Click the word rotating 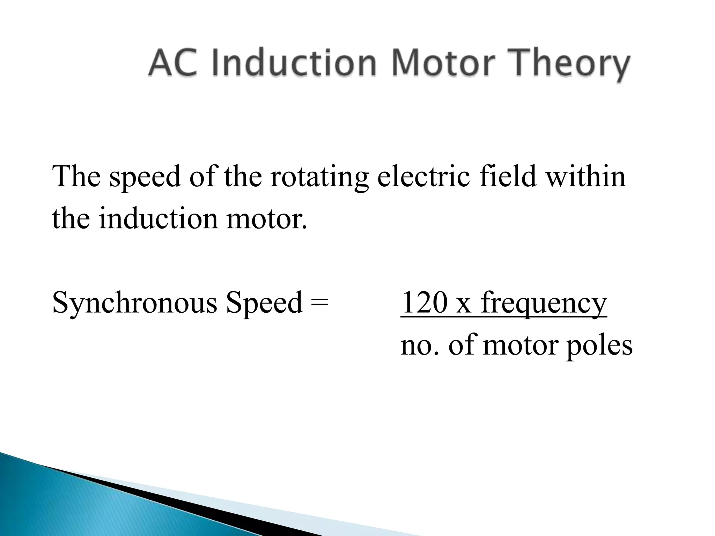319,177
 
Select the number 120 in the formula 424,302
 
